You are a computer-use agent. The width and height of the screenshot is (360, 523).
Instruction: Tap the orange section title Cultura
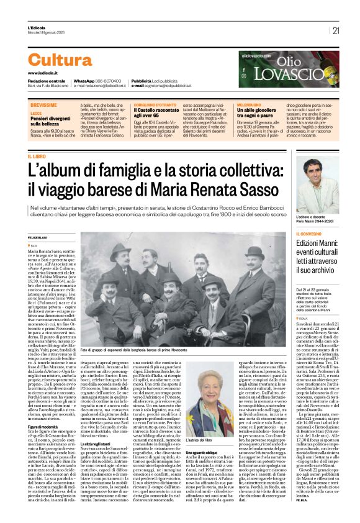[60, 60]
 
